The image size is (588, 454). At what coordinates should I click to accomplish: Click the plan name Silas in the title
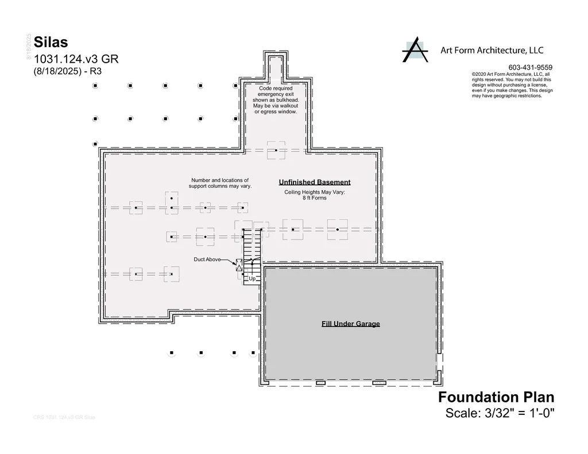click(51, 42)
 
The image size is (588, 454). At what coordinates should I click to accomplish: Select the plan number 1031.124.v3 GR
click(76, 59)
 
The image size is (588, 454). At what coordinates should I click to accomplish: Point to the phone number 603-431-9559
click(530, 67)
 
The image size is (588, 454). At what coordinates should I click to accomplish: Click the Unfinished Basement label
click(315, 182)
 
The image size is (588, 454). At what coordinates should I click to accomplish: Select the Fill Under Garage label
click(350, 324)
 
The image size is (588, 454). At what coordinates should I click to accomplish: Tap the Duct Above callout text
click(207, 260)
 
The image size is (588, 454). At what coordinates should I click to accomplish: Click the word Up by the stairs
click(252, 279)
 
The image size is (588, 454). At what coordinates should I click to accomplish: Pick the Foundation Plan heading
click(496, 397)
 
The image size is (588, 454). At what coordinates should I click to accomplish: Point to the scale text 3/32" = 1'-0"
click(500, 413)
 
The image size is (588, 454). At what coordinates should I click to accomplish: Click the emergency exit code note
click(276, 100)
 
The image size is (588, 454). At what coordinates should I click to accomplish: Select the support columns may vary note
click(220, 183)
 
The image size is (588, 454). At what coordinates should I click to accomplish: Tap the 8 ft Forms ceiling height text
click(315, 198)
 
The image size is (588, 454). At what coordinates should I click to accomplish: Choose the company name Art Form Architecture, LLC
click(492, 50)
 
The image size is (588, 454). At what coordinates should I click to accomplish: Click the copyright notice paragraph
click(512, 85)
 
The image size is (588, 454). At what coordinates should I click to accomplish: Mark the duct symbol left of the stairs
click(239, 265)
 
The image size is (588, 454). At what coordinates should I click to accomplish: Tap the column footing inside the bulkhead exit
click(276, 151)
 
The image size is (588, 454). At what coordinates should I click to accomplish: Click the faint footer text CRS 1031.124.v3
click(64, 417)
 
